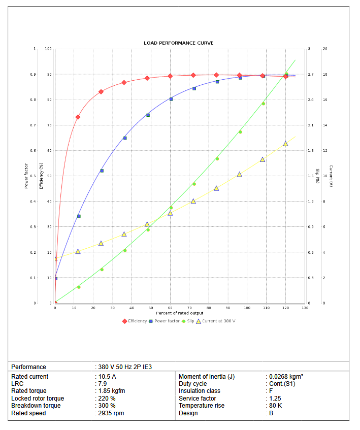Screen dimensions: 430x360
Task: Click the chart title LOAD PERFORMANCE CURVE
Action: click(x=178, y=43)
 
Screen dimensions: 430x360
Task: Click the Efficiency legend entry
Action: click(x=135, y=321)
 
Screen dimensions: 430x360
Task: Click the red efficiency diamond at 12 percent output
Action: click(x=78, y=117)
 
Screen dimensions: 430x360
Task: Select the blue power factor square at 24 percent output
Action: click(x=102, y=171)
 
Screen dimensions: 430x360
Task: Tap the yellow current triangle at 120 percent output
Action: click(x=285, y=144)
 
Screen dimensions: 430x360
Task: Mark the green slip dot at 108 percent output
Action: click(x=263, y=104)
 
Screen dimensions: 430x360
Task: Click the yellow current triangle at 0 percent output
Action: click(x=55, y=258)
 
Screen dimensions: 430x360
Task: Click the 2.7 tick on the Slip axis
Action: click(x=310, y=75)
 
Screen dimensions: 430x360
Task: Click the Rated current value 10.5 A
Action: click(x=107, y=377)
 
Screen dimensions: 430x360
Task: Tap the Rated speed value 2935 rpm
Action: click(x=111, y=413)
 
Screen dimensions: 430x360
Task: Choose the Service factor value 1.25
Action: click(x=274, y=399)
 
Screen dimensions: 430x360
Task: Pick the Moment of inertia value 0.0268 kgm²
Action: click(x=286, y=377)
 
